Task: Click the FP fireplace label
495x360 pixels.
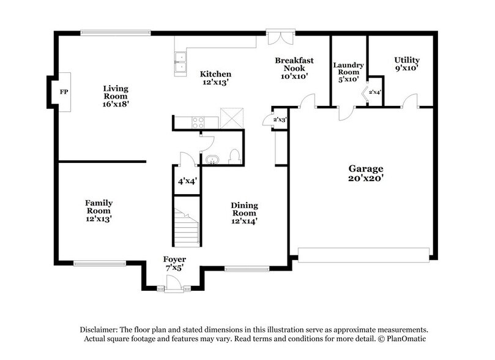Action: tap(62, 92)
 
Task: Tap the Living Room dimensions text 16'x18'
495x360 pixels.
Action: tap(115, 104)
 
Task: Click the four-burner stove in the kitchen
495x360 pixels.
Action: tap(198, 122)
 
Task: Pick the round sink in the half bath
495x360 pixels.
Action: tap(212, 161)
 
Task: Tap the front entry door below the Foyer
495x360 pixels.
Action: tap(174, 282)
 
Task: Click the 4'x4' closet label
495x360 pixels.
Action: tap(186, 181)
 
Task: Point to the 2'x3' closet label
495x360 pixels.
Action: tap(279, 119)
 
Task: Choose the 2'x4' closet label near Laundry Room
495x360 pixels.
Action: tap(375, 92)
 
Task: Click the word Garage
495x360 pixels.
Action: tap(365, 168)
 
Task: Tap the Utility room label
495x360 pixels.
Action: tap(406, 59)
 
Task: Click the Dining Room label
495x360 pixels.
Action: tap(244, 209)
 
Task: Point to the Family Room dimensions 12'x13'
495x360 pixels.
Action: tap(99, 218)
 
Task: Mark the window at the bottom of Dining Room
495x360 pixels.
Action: tap(246, 268)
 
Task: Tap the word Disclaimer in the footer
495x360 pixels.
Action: tap(100, 329)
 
